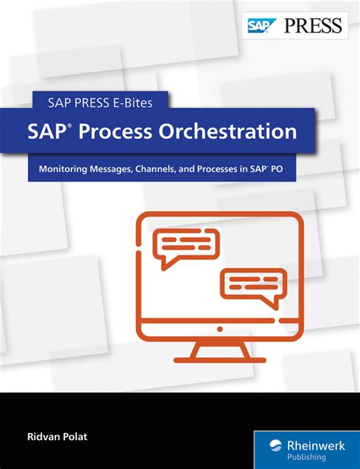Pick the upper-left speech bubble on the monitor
(x=182, y=245)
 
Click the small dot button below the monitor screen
(x=219, y=329)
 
